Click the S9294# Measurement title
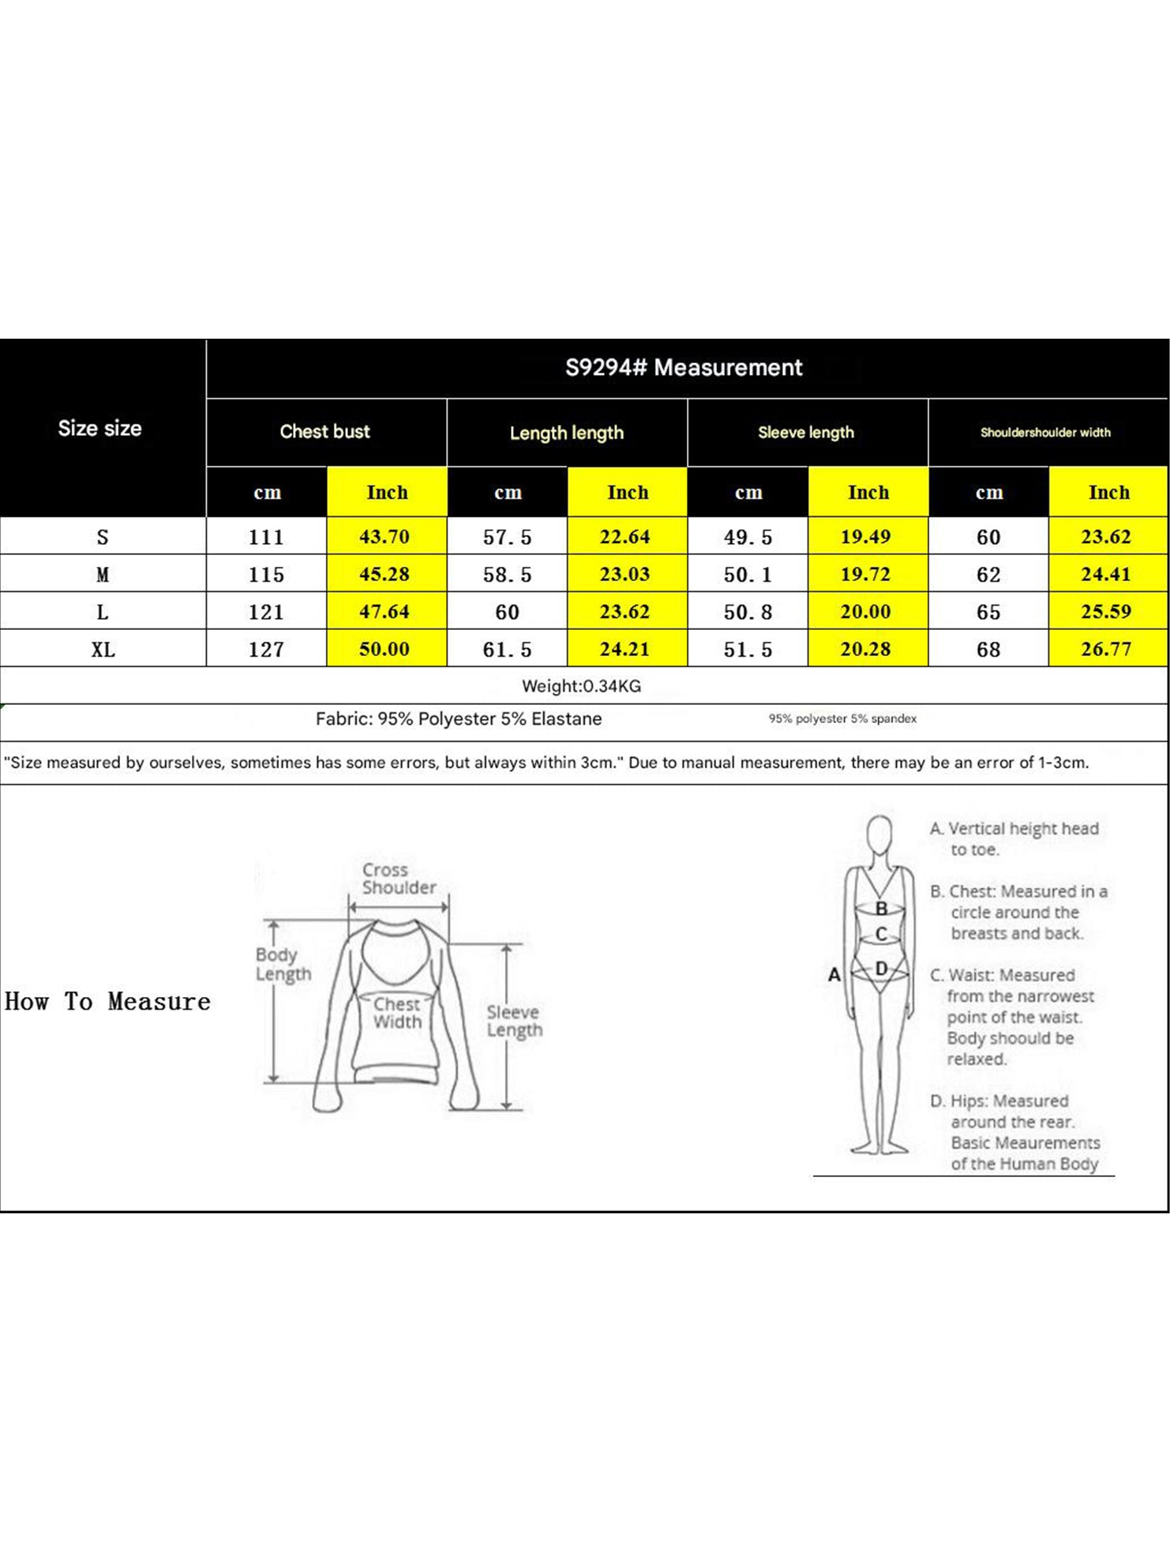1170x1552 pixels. pyautogui.click(x=684, y=368)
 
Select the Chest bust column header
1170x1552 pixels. pyautogui.click(x=324, y=432)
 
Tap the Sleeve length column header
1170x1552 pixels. pyautogui.click(x=805, y=433)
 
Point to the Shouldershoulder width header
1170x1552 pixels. pyautogui.click(x=1045, y=433)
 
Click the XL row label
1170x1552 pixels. pyautogui.click(x=103, y=650)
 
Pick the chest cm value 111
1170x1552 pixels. pyautogui.click(x=266, y=538)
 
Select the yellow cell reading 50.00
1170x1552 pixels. pyautogui.click(x=384, y=650)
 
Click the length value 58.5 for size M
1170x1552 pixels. pyautogui.click(x=507, y=575)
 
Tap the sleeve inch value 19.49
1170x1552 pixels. pyautogui.click(x=865, y=537)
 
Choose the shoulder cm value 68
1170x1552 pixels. pyautogui.click(x=988, y=650)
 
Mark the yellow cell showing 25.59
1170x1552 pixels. pyautogui.click(x=1106, y=612)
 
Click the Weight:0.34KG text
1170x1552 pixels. pyautogui.click(x=581, y=686)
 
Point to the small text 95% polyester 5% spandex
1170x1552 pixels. pyautogui.click(x=842, y=718)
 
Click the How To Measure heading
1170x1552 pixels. pyautogui.click(x=107, y=1002)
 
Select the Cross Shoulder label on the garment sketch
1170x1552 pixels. pyautogui.click(x=399, y=879)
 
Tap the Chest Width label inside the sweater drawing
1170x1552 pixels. pyautogui.click(x=397, y=1013)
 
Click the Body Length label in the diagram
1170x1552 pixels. pyautogui.click(x=283, y=964)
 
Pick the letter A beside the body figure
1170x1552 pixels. pyautogui.click(x=834, y=975)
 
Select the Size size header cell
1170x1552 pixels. pyautogui.click(x=99, y=429)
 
